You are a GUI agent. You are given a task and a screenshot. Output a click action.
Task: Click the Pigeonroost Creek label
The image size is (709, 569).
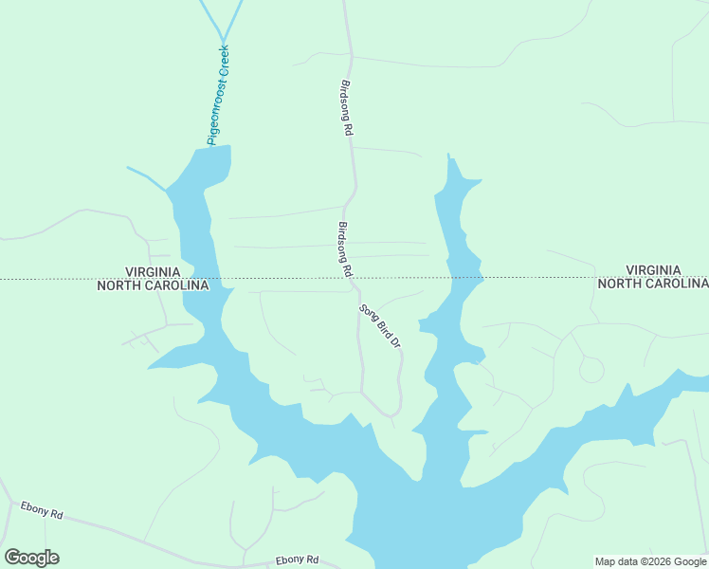pos(219,95)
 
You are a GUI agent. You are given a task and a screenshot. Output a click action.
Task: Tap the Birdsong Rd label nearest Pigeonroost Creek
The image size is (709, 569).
pos(346,109)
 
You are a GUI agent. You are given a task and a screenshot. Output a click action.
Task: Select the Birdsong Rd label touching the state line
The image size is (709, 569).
pos(345,249)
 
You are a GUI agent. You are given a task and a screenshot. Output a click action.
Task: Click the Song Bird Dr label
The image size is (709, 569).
pos(380,326)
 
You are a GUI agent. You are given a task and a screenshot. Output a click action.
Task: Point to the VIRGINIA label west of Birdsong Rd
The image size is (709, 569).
pos(154,271)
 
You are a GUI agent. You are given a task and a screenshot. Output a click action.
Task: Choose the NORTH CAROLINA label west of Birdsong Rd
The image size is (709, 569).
pos(154,284)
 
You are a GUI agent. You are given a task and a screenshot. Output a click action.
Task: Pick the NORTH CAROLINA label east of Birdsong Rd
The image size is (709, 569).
pos(652,284)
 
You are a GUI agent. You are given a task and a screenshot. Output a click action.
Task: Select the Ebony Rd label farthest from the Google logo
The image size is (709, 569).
pos(297,560)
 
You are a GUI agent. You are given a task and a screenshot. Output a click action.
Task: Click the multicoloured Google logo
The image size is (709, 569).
pos(31,558)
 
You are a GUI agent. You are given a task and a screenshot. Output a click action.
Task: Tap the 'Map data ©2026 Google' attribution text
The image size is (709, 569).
pos(651,561)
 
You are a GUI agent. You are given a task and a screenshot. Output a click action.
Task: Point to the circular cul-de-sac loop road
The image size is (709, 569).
pos(591,369)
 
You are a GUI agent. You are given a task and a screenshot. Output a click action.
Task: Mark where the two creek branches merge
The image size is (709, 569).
pos(223,36)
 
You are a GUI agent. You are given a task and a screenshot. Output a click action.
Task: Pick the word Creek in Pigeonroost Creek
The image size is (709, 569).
pos(224,60)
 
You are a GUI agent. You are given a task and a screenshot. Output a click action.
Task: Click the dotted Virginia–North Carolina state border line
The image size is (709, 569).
pos(531,278)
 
